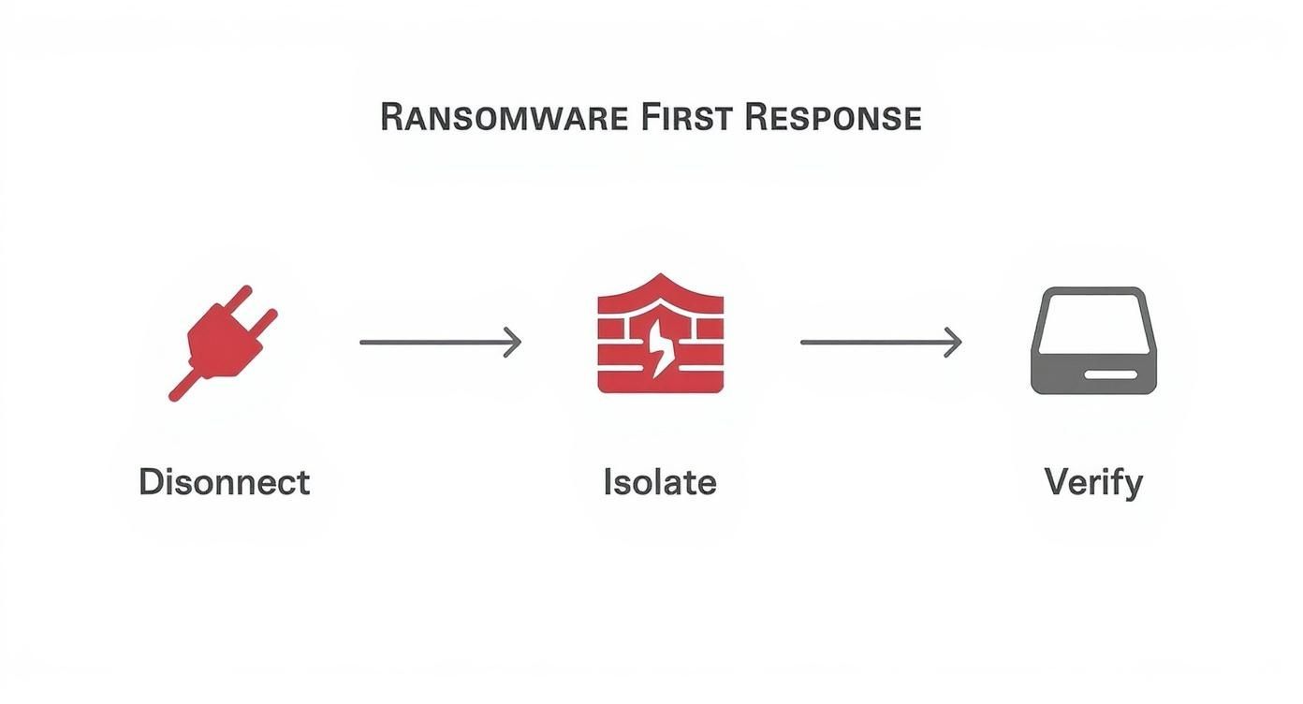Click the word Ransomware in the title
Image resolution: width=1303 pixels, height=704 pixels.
point(505,118)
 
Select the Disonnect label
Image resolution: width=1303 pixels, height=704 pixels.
point(224,482)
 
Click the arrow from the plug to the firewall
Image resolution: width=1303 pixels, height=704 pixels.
point(439,343)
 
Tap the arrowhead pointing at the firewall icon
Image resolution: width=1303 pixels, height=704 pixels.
point(514,343)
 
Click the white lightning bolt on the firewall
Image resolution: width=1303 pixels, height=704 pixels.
point(662,348)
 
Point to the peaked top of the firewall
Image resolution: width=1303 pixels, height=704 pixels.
point(660,281)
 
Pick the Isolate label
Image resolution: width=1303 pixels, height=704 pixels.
point(660,482)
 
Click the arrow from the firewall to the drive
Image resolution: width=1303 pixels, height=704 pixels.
point(880,343)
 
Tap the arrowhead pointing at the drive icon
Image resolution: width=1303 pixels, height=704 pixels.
point(955,343)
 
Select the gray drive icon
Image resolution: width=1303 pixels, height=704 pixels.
point(1093,341)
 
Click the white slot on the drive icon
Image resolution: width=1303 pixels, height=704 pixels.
point(1112,374)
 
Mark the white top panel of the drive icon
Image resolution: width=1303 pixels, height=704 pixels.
point(1093,320)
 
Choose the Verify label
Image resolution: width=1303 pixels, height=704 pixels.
point(1093,483)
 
